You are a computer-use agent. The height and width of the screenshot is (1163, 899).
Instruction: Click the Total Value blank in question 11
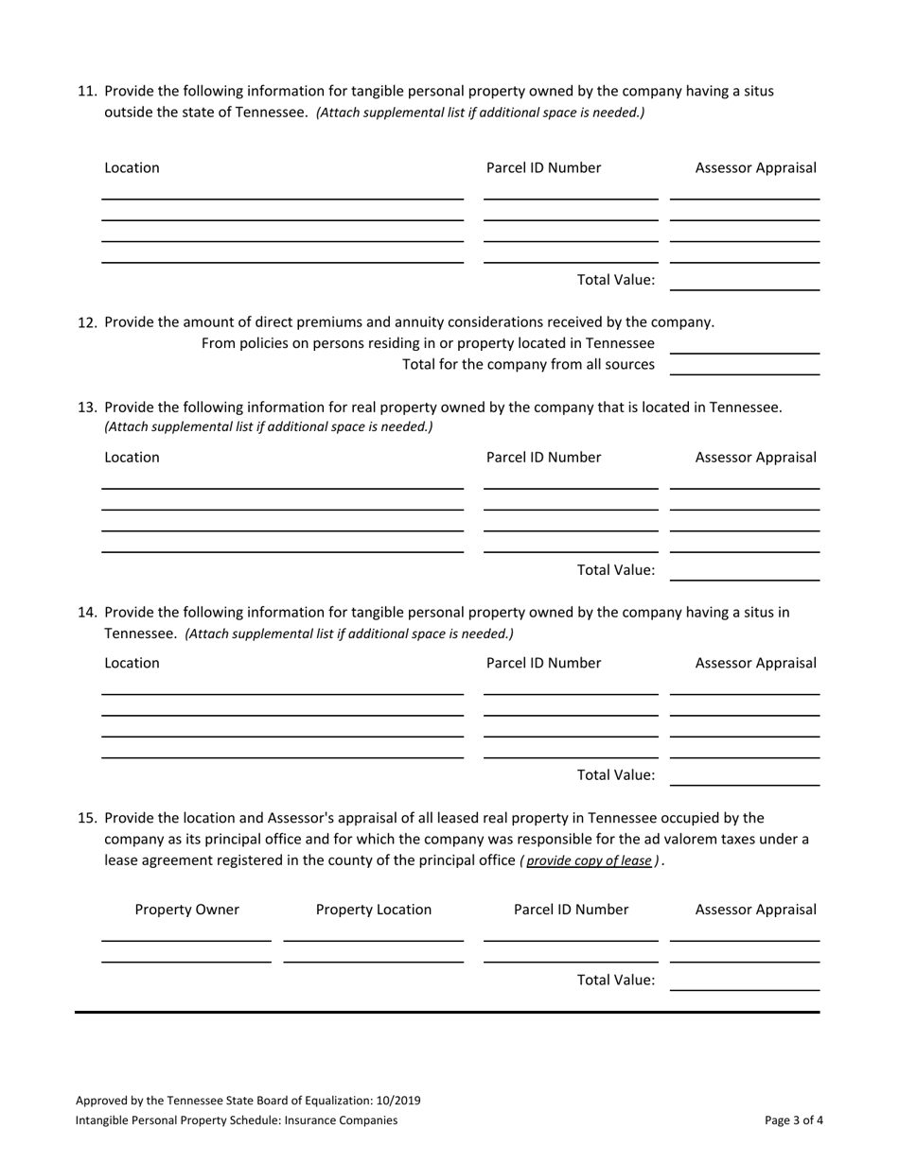[x=744, y=281]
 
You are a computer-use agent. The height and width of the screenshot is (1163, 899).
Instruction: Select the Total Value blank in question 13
[x=744, y=570]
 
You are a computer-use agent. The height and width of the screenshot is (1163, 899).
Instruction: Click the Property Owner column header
[x=187, y=910]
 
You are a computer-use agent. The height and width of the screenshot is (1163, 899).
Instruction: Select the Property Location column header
[x=374, y=910]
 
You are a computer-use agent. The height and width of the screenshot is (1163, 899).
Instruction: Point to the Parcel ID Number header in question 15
[x=571, y=910]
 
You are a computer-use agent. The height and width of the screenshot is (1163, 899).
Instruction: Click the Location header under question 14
[x=132, y=663]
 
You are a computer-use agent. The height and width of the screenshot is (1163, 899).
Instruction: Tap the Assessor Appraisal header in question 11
[x=755, y=168]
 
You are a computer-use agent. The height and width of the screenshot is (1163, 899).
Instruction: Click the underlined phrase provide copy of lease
[x=589, y=861]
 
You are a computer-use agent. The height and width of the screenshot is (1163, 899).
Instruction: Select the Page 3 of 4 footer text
[x=793, y=1120]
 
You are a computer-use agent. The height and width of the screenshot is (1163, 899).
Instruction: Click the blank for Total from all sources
[x=744, y=365]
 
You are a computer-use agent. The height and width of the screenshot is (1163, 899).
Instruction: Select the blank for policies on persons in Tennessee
[x=744, y=344]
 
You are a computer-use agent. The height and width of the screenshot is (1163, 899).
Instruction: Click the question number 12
[x=86, y=322]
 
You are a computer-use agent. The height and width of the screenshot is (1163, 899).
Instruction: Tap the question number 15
[x=86, y=817]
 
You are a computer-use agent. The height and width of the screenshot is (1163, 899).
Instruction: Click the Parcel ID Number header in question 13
[x=543, y=458]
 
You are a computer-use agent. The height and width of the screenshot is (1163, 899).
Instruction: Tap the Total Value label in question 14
[x=616, y=775]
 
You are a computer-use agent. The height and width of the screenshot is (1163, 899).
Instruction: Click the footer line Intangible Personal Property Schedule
[x=237, y=1120]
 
